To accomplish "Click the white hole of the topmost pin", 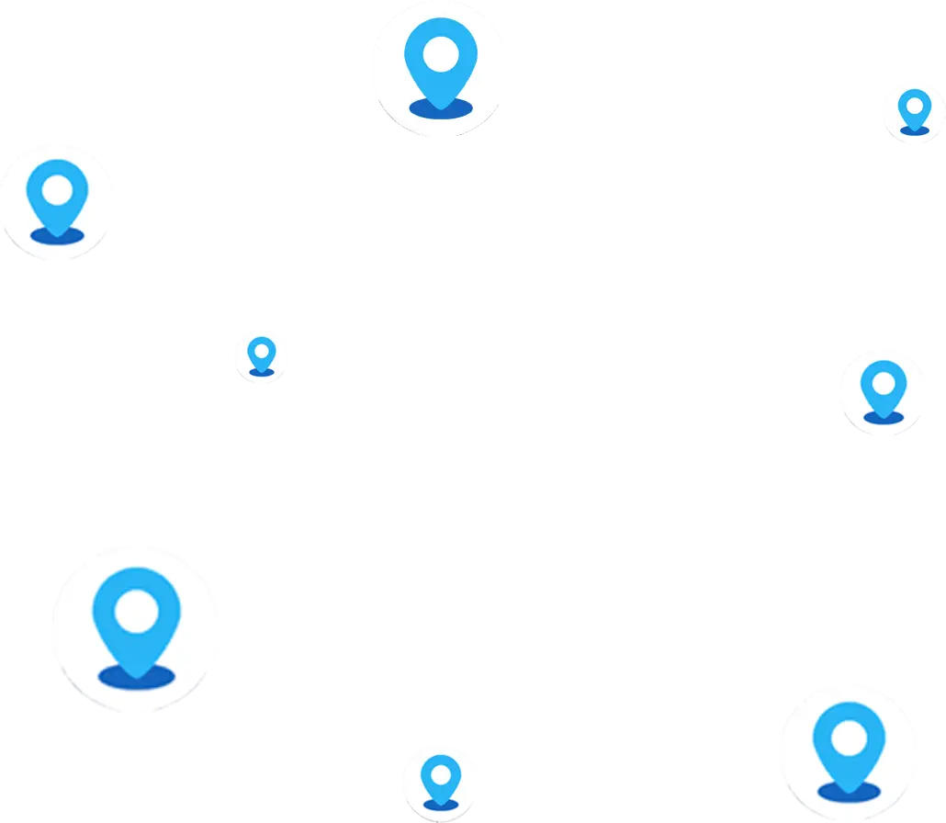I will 442,52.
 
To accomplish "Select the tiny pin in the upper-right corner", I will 915,110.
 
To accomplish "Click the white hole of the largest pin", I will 137,609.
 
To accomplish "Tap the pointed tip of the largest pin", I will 137,676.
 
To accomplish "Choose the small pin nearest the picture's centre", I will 262,355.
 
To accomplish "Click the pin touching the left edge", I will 58,197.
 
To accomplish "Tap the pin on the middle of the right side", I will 884,390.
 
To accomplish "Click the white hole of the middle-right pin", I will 884,378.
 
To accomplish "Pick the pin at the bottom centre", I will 441,781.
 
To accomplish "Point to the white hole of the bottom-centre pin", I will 441,772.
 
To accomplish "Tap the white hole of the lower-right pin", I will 849,736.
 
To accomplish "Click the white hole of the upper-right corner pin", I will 915,104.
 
